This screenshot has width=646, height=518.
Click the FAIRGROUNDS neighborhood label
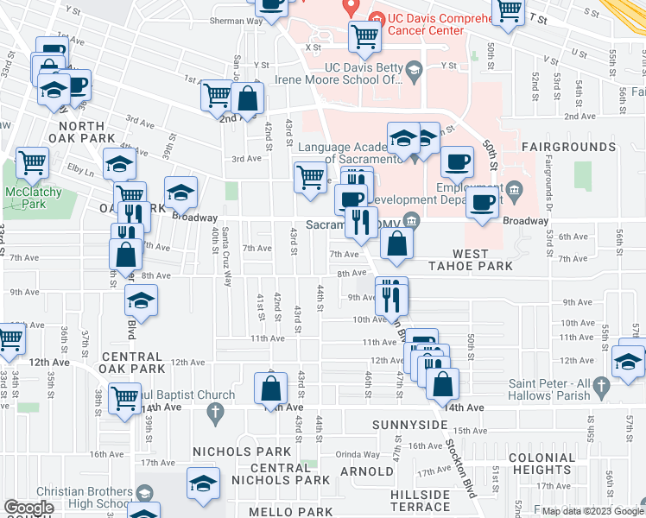568,148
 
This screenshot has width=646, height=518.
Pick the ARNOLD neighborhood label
366,471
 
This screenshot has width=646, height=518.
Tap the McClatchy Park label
25,198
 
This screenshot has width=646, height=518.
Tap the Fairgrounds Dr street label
548,183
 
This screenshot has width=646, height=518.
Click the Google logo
28,508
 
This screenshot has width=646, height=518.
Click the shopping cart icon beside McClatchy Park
32,161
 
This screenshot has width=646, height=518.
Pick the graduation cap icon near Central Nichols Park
203,484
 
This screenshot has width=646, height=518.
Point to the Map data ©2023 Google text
592,510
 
